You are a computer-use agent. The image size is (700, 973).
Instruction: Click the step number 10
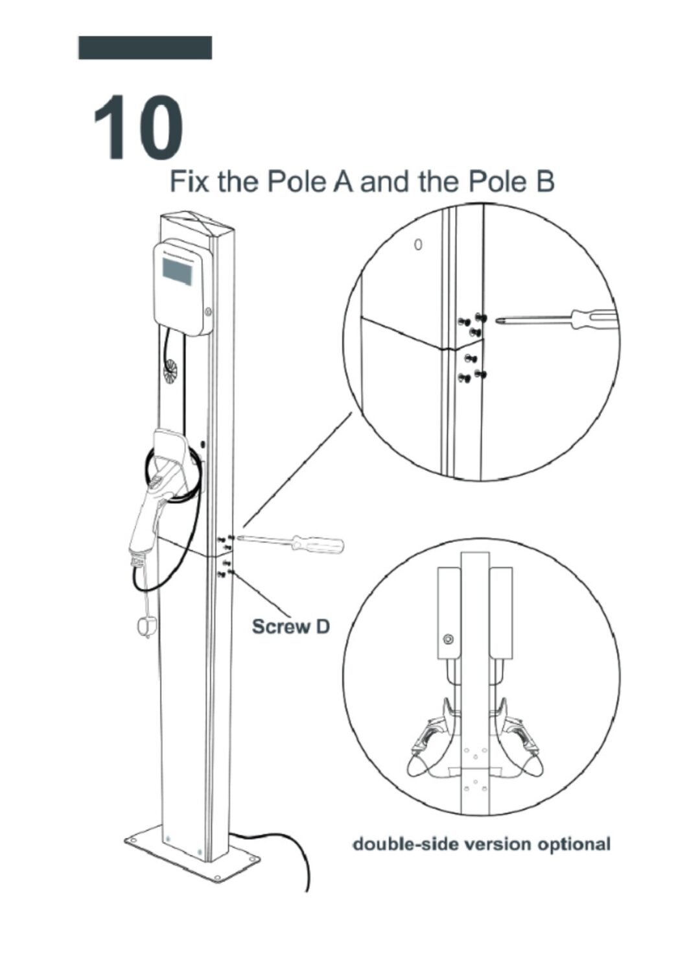click(138, 127)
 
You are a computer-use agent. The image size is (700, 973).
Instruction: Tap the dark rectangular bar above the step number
click(145, 47)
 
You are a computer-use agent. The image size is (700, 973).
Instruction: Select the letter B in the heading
click(544, 182)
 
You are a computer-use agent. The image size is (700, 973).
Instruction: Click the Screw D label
click(291, 627)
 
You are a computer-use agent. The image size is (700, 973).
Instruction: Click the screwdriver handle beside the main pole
click(318, 544)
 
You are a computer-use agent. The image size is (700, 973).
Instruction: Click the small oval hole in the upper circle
click(417, 245)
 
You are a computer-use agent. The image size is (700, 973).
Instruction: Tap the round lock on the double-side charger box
click(449, 638)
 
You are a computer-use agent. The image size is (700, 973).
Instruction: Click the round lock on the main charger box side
click(208, 311)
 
